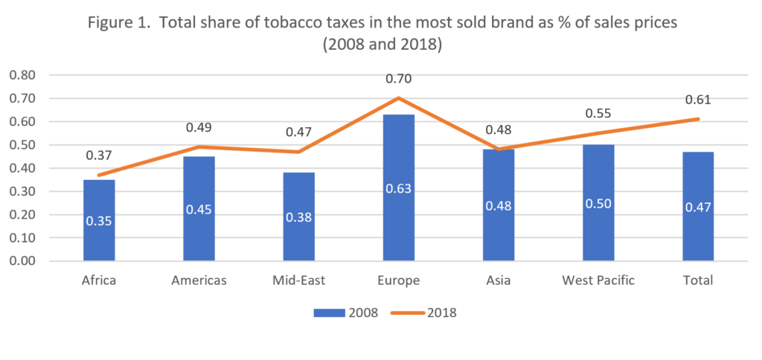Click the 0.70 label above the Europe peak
[x=399, y=76]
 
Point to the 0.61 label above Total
[x=698, y=100]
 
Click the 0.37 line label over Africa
[x=100, y=155]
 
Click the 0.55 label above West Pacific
[x=598, y=114]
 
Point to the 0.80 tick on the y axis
[x=22, y=75]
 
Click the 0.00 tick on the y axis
[x=22, y=261]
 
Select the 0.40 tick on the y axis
[x=22, y=168]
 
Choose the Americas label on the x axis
[x=199, y=280]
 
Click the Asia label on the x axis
[x=499, y=280]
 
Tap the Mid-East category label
[x=299, y=280]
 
